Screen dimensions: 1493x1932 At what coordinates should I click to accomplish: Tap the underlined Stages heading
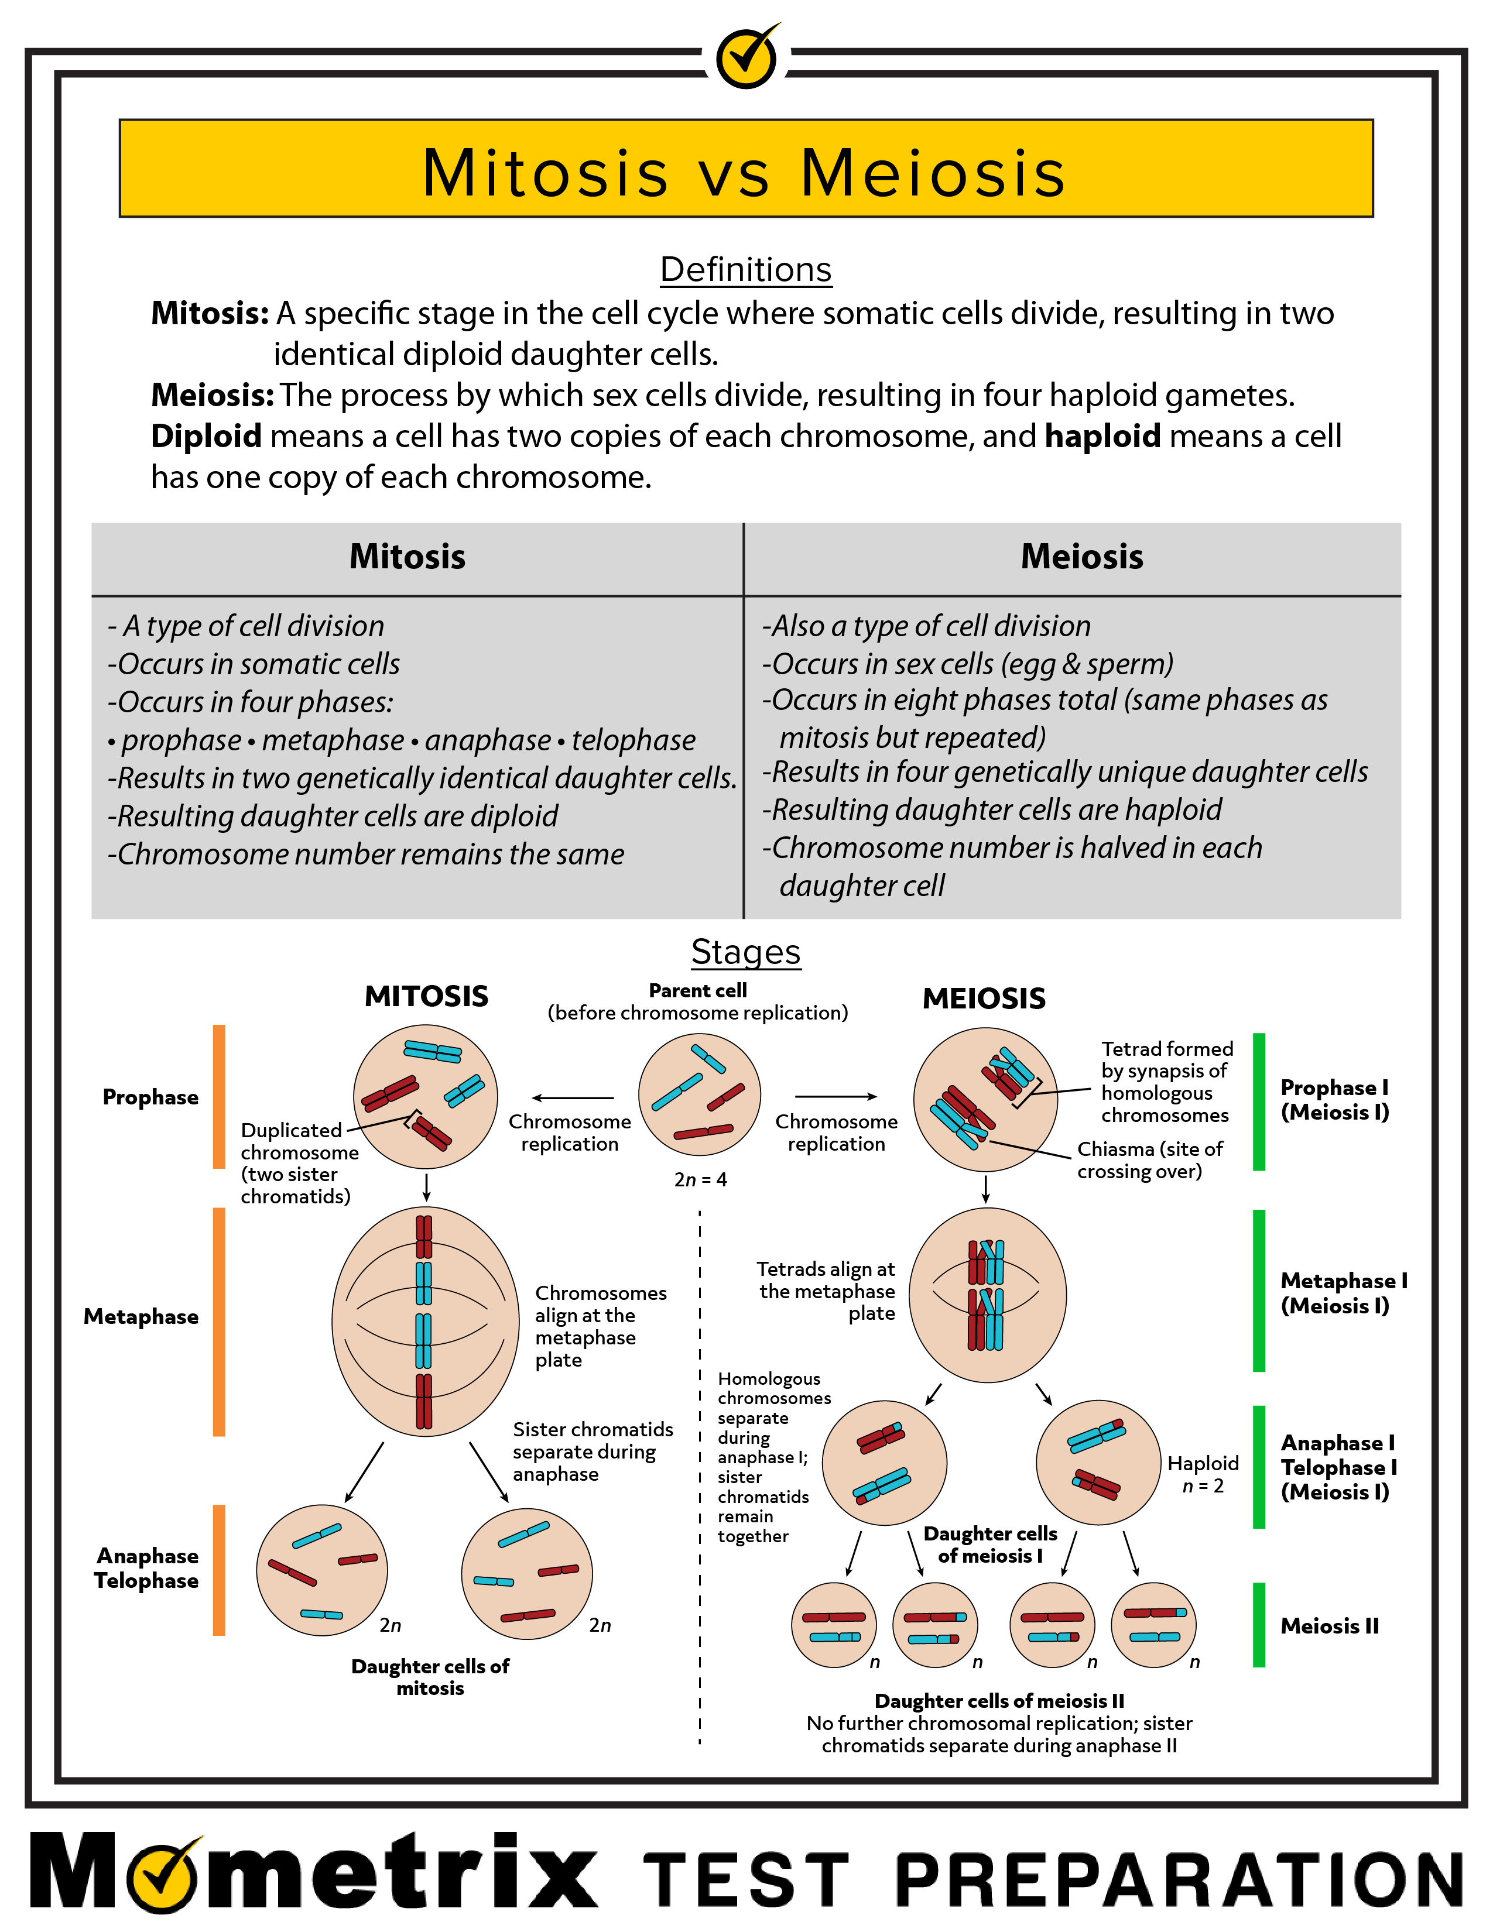click(x=746, y=953)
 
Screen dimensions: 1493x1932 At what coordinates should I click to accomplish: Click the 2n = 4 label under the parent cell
click(x=701, y=1179)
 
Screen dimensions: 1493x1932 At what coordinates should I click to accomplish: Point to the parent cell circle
click(x=700, y=1095)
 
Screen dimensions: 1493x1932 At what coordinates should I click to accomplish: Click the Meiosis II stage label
click(x=1329, y=1626)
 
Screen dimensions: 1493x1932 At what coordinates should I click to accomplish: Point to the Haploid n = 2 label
click(x=1203, y=1475)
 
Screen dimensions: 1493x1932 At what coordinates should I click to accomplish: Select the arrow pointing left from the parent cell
click(x=573, y=1098)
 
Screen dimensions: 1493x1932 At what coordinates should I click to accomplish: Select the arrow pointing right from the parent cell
click(x=836, y=1097)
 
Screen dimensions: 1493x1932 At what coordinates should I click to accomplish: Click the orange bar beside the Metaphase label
click(x=218, y=1322)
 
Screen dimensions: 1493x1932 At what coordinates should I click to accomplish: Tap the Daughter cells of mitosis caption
click(x=430, y=1677)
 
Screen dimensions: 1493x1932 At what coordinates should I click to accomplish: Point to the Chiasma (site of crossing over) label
click(x=1150, y=1160)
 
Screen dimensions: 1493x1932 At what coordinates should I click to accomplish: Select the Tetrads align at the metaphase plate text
click(x=826, y=1292)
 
